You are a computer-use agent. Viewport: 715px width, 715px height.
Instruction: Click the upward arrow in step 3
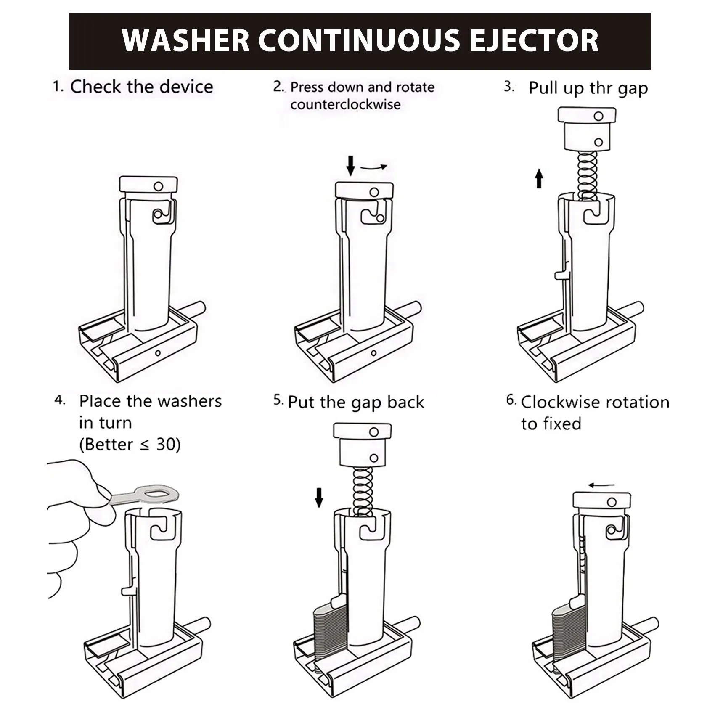pyautogui.click(x=539, y=178)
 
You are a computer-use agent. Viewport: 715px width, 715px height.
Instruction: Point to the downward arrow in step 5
pyautogui.click(x=319, y=498)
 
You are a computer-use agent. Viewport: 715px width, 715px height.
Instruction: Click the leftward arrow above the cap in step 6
pyautogui.click(x=601, y=485)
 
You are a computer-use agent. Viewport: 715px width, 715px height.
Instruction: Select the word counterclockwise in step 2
pyautogui.click(x=345, y=104)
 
